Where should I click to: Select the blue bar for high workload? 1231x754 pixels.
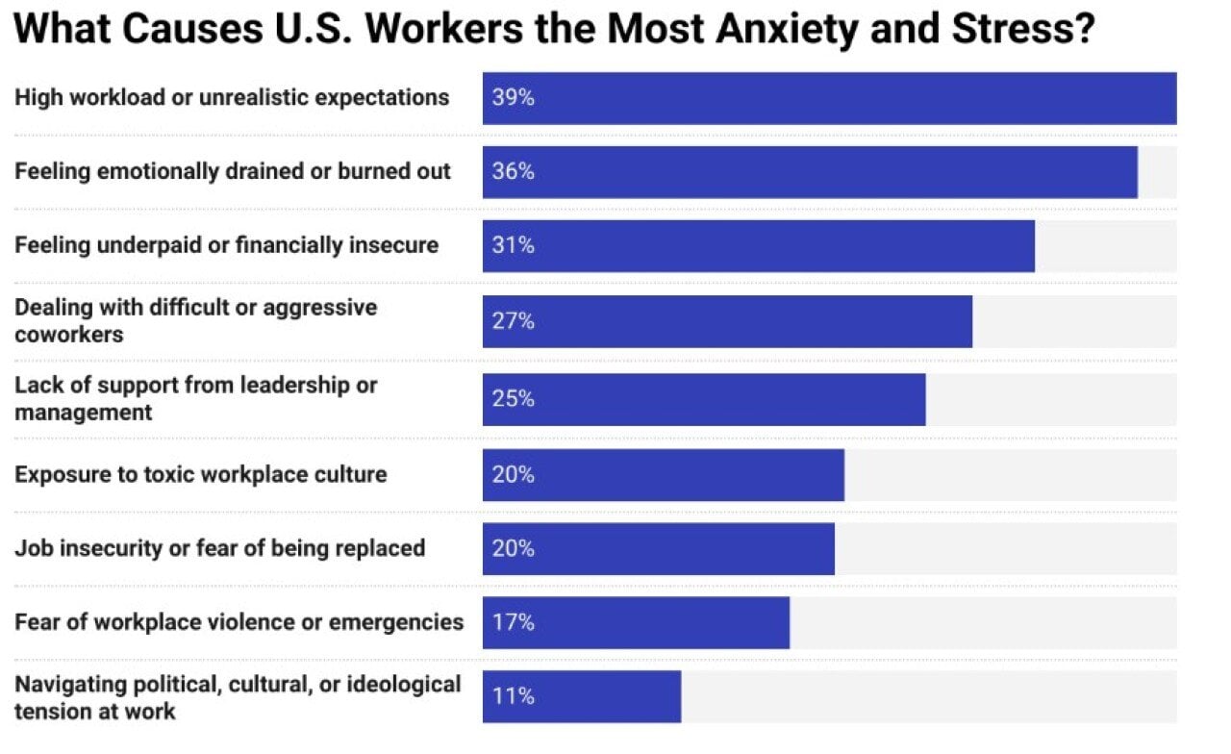[829, 98]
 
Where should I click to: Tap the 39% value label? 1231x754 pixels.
[513, 98]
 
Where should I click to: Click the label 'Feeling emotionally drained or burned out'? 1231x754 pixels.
[233, 171]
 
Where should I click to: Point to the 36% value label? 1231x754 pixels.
[513, 172]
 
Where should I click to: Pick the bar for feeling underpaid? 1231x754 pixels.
[758, 246]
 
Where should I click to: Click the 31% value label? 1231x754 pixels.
[513, 246]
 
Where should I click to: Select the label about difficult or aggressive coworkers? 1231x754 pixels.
[196, 320]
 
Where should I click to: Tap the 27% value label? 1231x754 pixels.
[513, 321]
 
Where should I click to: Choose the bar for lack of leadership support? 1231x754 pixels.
[704, 399]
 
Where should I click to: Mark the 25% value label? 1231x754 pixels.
[513, 399]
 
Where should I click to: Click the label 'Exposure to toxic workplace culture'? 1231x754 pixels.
[201, 474]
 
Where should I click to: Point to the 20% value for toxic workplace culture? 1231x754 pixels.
[513, 475]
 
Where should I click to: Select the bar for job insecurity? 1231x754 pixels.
[659, 549]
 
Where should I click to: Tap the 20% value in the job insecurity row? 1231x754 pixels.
[513, 549]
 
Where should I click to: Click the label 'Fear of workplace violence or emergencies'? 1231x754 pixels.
[239, 622]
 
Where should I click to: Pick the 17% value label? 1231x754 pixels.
[513, 623]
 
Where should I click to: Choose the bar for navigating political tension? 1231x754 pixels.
[582, 696]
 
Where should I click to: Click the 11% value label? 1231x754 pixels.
[513, 696]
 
